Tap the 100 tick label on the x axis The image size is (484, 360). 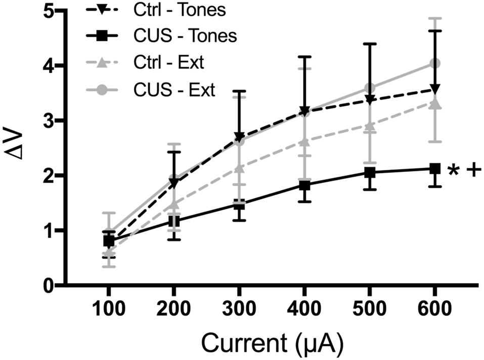pos(108,308)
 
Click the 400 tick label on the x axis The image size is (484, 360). pos(303,308)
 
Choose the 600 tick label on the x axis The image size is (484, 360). pos(434,308)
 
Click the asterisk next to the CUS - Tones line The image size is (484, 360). pos(453,172)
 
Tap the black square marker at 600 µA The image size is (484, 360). pos(434,169)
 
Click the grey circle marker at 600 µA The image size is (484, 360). pos(434,63)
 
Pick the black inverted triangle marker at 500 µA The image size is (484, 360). pos(369,100)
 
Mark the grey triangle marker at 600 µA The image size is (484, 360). pos(434,103)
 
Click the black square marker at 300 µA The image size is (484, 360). pos(239,205)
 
